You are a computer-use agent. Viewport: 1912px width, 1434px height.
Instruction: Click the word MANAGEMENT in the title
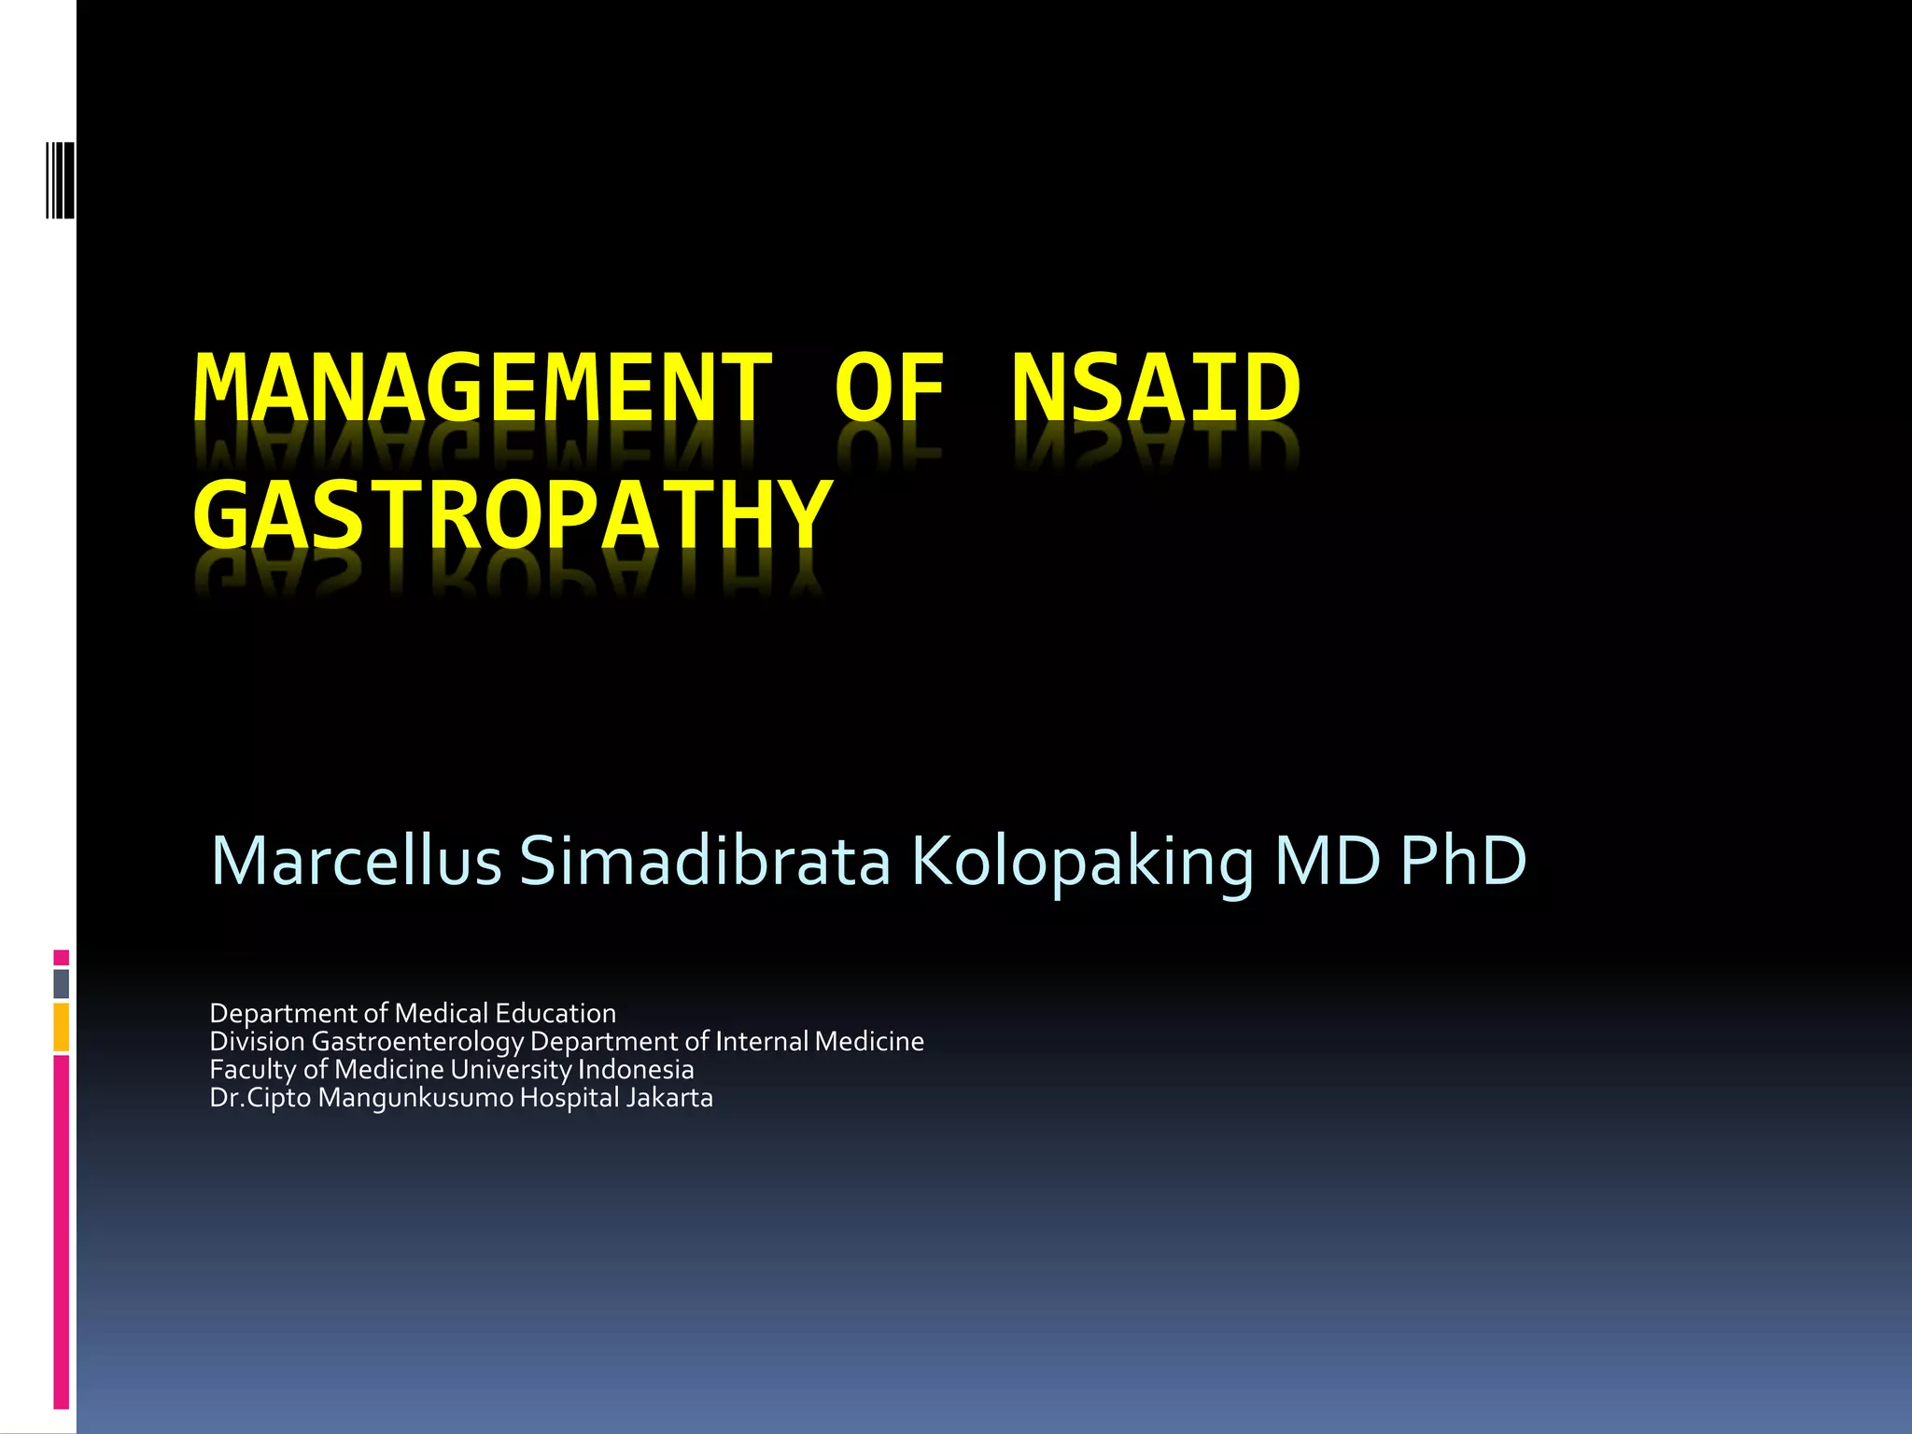(x=483, y=388)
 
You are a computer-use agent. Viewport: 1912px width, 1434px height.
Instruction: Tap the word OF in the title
(x=890, y=388)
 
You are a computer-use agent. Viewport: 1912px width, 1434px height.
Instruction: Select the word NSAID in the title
(x=1156, y=388)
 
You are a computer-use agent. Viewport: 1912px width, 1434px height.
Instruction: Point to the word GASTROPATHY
(x=513, y=515)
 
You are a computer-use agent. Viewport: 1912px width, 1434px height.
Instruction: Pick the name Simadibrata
(x=705, y=861)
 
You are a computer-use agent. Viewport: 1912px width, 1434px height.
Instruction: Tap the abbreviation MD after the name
(x=1327, y=861)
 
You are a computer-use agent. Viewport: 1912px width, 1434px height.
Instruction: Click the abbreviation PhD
(x=1463, y=861)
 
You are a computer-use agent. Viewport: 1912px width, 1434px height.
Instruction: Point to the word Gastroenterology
(x=417, y=1042)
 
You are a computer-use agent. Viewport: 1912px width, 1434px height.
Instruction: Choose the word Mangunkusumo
(x=415, y=1099)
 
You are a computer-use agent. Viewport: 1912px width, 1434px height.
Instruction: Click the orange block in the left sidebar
(x=61, y=1027)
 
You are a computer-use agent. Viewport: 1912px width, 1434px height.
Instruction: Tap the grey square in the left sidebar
(x=61, y=983)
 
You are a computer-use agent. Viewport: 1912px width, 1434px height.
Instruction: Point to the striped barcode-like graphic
(x=61, y=179)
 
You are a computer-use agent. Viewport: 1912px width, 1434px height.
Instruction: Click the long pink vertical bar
(x=61, y=1232)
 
